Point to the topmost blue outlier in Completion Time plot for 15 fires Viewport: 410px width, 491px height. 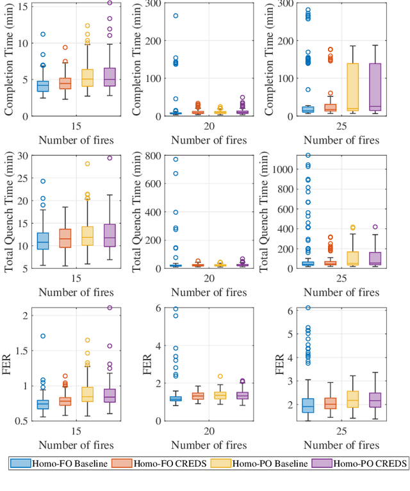(42, 34)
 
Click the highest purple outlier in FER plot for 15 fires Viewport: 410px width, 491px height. (110, 308)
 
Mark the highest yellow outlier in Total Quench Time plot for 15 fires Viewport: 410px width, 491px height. (87, 163)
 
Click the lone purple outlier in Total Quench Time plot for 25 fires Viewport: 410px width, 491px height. (375, 227)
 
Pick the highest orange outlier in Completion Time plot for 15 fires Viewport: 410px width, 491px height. (65, 47)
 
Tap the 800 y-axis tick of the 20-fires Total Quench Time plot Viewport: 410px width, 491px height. (153, 155)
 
